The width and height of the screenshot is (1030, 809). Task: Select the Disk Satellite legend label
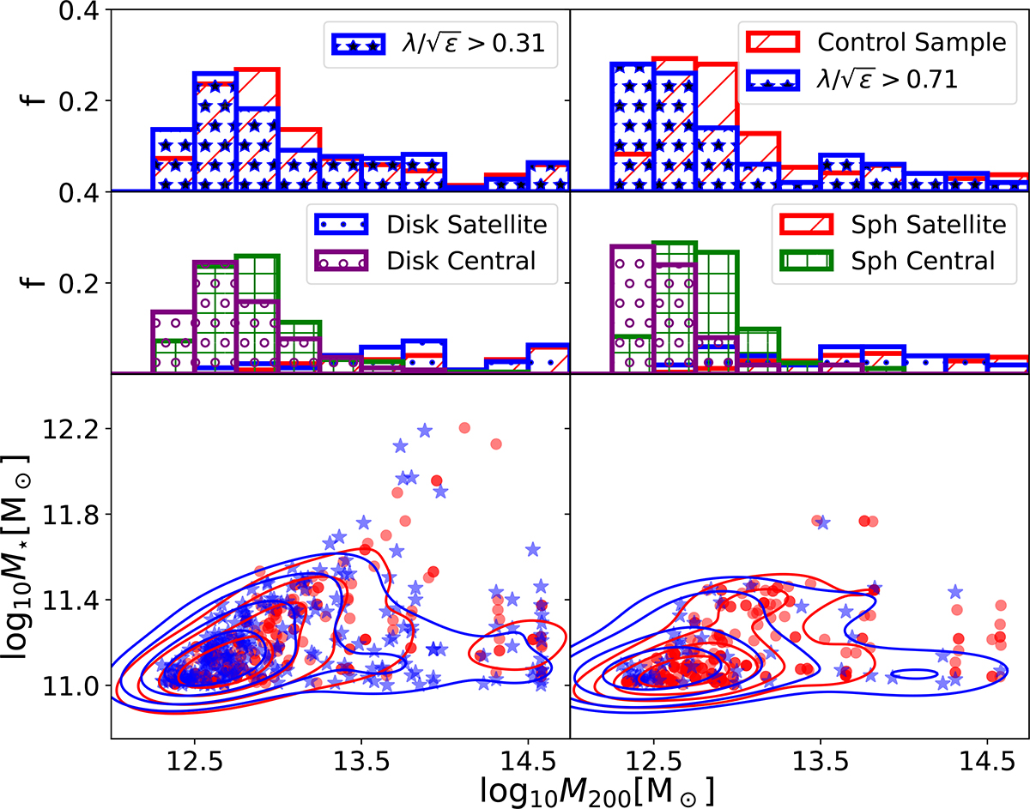(x=468, y=225)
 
